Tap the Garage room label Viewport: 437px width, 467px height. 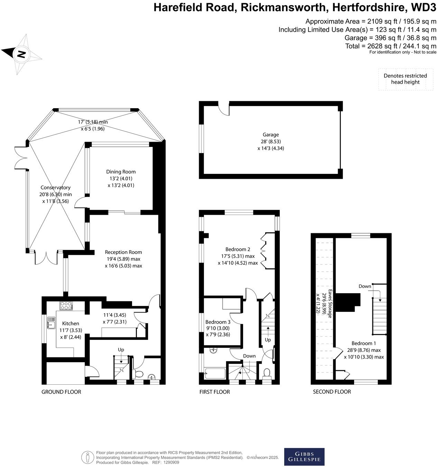click(270, 135)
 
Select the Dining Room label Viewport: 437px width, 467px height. click(121, 172)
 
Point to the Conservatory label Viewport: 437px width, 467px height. click(55, 188)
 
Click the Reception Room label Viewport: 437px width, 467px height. click(123, 252)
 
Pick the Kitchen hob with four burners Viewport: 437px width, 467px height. click(66, 306)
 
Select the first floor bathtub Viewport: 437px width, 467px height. click(215, 373)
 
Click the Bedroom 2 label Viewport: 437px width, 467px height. click(238, 249)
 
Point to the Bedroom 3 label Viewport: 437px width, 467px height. click(218, 322)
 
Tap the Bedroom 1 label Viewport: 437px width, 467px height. click(364, 343)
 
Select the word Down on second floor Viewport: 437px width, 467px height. click(365, 286)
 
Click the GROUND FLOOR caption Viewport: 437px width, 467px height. click(61, 392)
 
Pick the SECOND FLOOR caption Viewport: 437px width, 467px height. click(332, 392)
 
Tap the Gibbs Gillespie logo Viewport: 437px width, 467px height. click(304, 457)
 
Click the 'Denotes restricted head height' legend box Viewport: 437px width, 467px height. click(405, 79)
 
